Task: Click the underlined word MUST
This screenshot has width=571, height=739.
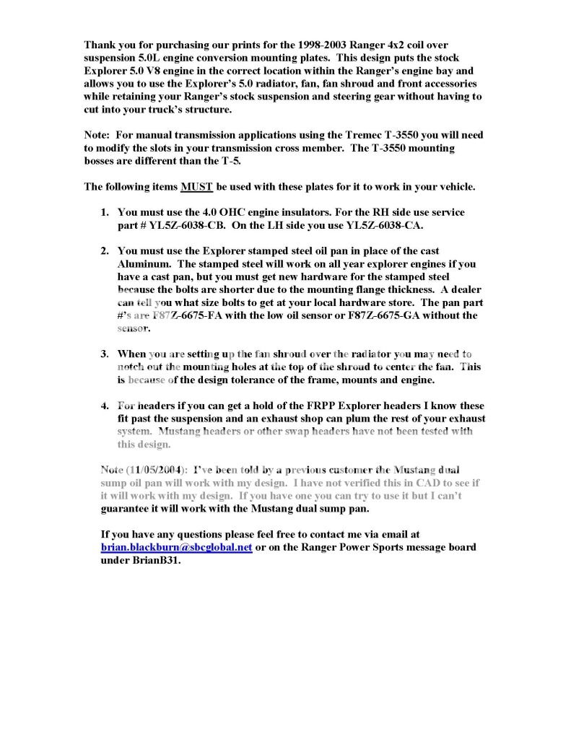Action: (196, 186)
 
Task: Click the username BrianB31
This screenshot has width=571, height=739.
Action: (155, 560)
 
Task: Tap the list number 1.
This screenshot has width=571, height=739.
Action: (104, 213)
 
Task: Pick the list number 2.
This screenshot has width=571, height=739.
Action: (104, 250)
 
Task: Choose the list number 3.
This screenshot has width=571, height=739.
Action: (104, 354)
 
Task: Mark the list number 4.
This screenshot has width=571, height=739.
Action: (104, 406)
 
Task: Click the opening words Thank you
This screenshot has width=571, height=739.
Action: (109, 44)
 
